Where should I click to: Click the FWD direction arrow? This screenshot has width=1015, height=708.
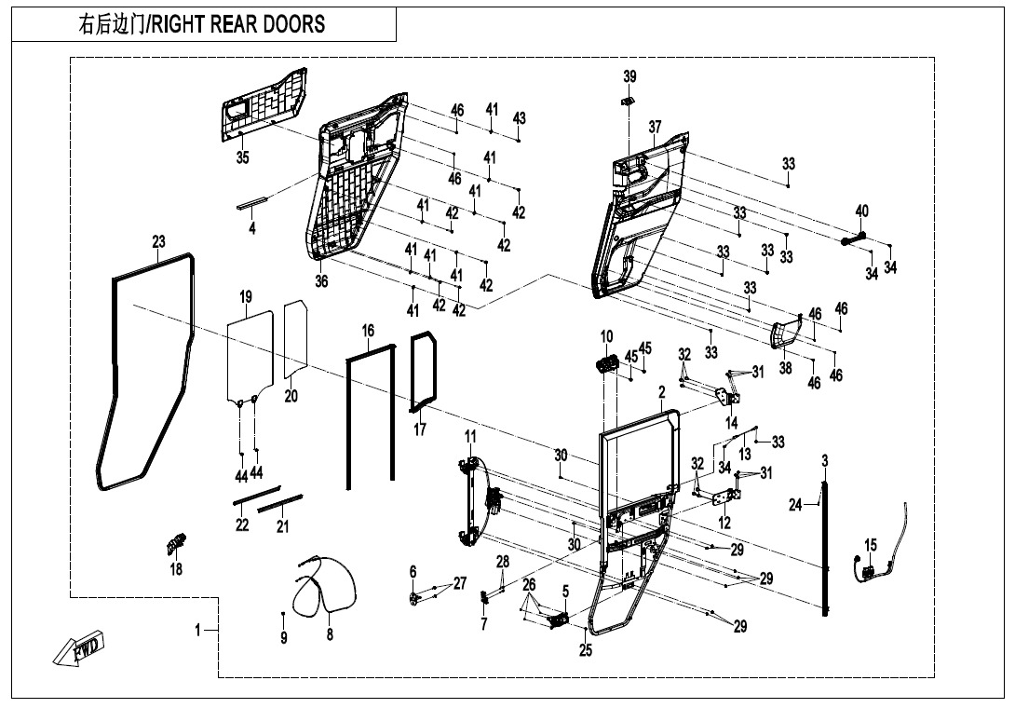(x=78, y=647)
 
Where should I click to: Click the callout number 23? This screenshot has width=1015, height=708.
(x=158, y=241)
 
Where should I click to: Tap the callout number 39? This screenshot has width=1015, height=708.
(x=629, y=76)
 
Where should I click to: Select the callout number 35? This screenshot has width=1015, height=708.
(x=242, y=157)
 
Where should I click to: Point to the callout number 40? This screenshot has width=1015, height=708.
(x=861, y=211)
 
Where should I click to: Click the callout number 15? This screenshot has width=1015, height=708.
(x=871, y=545)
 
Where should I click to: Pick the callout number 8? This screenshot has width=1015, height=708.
(x=330, y=634)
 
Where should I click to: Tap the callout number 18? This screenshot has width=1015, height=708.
(x=176, y=569)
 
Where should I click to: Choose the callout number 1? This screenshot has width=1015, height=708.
(x=198, y=630)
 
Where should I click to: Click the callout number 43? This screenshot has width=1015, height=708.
(x=520, y=118)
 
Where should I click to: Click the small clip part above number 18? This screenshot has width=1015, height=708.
(x=176, y=543)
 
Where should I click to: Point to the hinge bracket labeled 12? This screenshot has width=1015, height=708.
(x=726, y=497)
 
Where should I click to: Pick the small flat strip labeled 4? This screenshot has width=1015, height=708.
(x=251, y=203)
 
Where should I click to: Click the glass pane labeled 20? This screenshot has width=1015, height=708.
(x=296, y=339)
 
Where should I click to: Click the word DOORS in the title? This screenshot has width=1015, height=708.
(x=290, y=24)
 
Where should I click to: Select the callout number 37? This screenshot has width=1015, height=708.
(x=655, y=127)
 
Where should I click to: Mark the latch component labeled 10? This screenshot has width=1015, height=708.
(x=606, y=364)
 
